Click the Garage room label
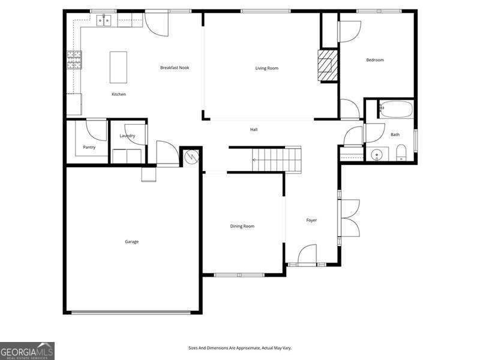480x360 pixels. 131,242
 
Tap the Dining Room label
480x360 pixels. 242,226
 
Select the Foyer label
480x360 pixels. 311,220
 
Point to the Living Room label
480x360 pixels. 267,68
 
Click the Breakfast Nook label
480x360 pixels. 175,68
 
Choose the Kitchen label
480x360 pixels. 119,94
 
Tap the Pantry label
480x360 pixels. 89,147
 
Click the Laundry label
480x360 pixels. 127,136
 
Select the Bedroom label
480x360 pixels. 375,60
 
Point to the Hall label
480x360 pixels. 254,130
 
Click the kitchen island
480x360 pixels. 118,67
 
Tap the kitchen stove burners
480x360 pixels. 74,60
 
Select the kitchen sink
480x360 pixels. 105,21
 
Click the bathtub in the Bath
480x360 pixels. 395,109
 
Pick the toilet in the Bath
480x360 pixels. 401,153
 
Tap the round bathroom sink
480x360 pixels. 377,154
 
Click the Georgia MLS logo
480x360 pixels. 27,350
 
